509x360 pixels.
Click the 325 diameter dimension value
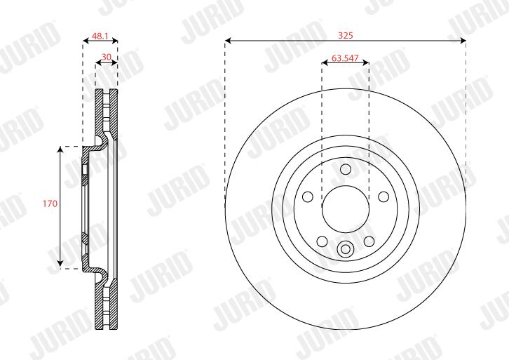pyautogui.click(x=346, y=35)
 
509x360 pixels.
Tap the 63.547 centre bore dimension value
pyautogui.click(x=345, y=58)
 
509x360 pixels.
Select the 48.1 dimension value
pyautogui.click(x=100, y=36)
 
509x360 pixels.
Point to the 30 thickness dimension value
pyautogui.click(x=107, y=57)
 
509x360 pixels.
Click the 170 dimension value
pyautogui.click(x=50, y=204)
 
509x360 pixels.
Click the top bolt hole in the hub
pyautogui.click(x=346, y=169)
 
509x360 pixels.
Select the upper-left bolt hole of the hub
pyautogui.click(x=307, y=196)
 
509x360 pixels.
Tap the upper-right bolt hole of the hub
pyautogui.click(x=384, y=196)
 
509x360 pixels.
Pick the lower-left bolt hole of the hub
pyautogui.click(x=322, y=241)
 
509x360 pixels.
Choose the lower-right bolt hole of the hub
pyautogui.click(x=369, y=241)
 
